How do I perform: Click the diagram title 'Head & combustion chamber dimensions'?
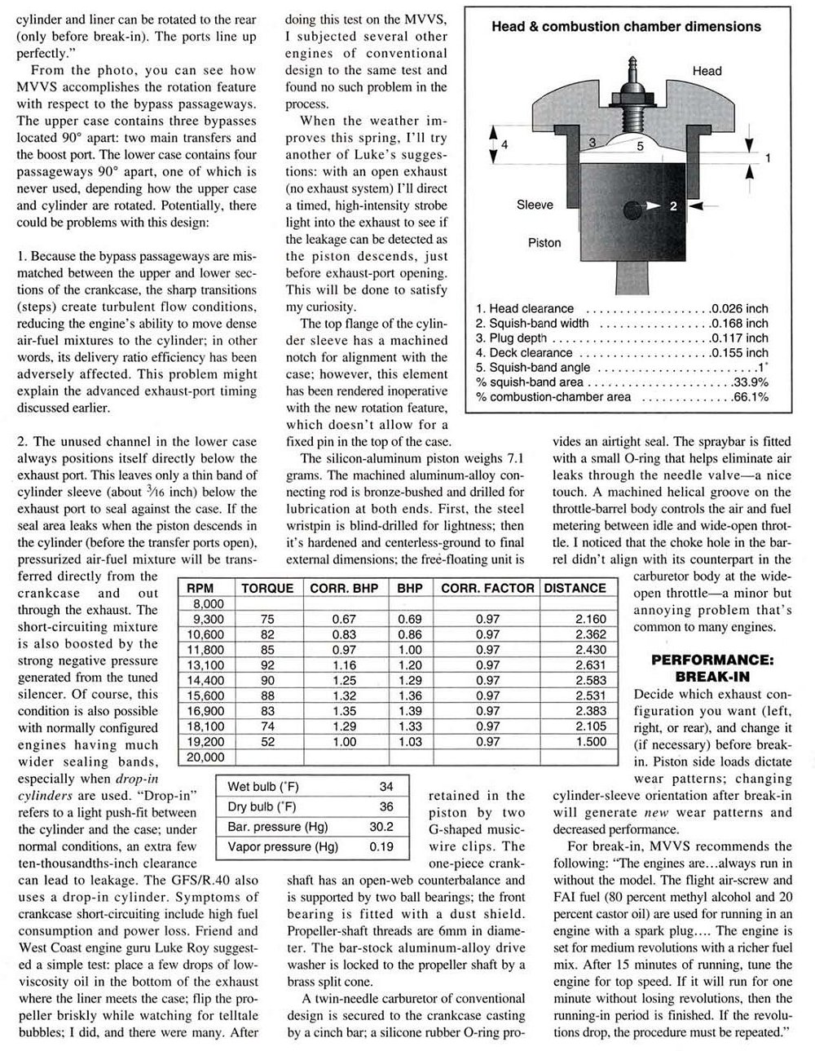(x=626, y=26)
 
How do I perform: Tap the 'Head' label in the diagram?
(x=707, y=71)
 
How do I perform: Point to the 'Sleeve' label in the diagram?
(x=535, y=205)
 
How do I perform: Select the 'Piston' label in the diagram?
(x=544, y=242)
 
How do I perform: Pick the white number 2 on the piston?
(x=672, y=206)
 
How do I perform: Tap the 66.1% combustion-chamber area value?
(x=747, y=397)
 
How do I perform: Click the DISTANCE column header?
(x=575, y=587)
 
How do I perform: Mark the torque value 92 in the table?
(x=267, y=665)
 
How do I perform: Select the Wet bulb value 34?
(x=386, y=787)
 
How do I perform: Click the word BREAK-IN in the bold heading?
(x=712, y=676)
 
